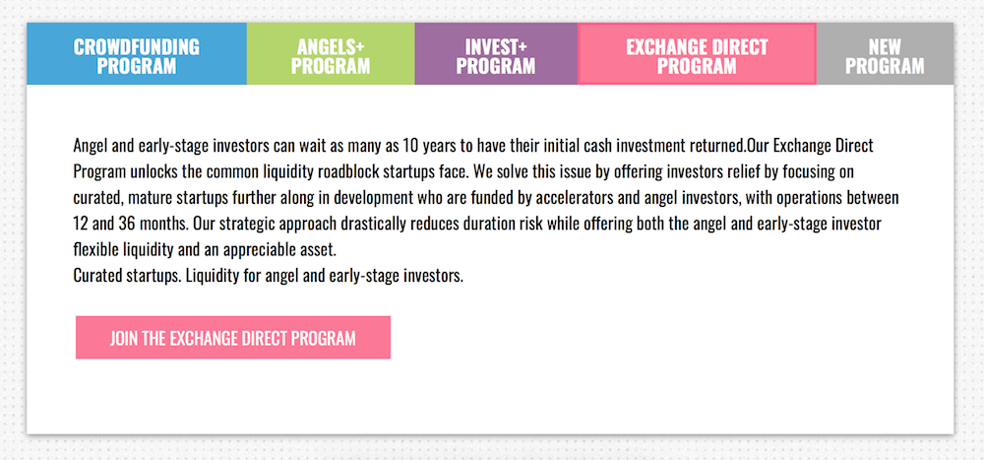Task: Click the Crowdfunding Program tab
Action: [x=137, y=54]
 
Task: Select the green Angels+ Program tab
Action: [x=331, y=54]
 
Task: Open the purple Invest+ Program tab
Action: [x=496, y=54]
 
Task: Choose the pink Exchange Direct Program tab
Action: [x=697, y=54]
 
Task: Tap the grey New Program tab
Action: [x=885, y=54]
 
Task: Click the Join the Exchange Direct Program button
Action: [x=233, y=338]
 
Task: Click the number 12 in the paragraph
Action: [x=81, y=224]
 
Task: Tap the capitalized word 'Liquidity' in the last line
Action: [x=210, y=277]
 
